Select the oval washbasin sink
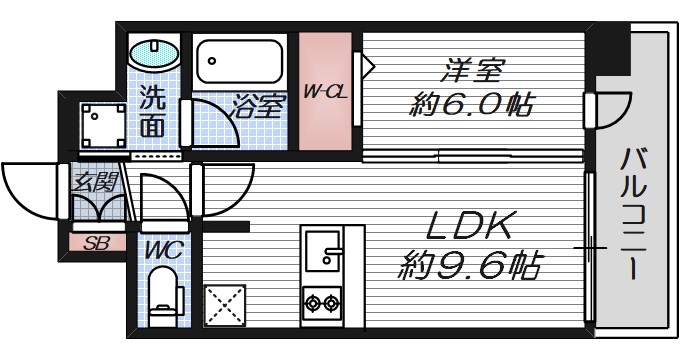coord(154,53)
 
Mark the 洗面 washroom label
coord(152,113)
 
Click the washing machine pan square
coord(100,125)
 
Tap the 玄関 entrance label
coord(96,181)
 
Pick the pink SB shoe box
coord(96,242)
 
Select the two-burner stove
coord(323,300)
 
